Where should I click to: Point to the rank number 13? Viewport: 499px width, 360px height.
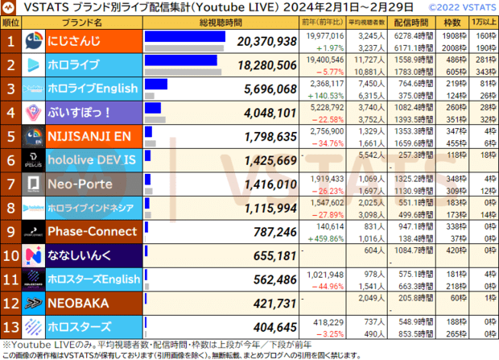(x=12, y=327)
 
